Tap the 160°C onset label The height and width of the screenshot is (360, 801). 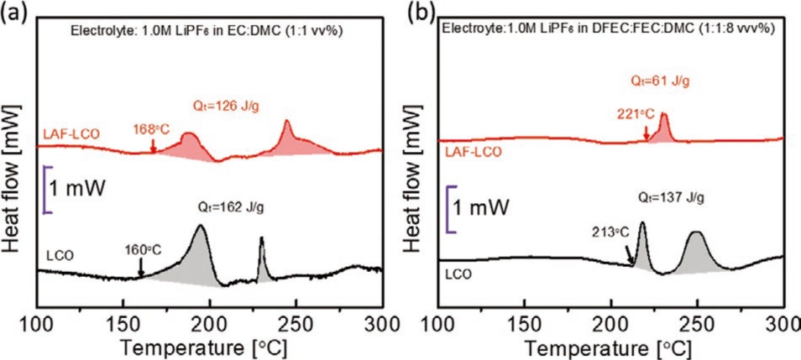(x=144, y=248)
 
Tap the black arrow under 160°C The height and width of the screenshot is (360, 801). (x=141, y=267)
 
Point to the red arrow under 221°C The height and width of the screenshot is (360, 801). (x=646, y=133)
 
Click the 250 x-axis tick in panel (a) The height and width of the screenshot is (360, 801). (x=296, y=323)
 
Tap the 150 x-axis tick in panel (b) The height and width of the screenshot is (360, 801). (x=523, y=323)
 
